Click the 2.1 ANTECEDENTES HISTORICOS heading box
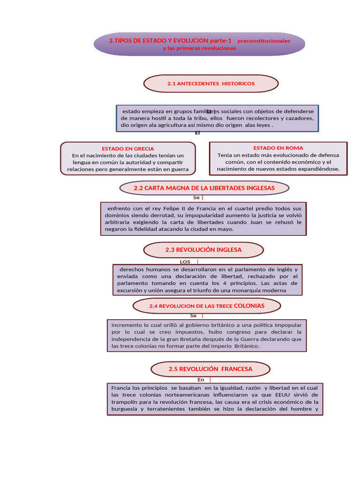[210, 83]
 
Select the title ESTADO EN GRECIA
[128, 149]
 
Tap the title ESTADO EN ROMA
[278, 148]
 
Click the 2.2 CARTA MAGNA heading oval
[204, 188]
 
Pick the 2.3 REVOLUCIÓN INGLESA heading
[203, 250]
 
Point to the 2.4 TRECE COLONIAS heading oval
[207, 306]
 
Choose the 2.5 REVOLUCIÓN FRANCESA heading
[210, 369]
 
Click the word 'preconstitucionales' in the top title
[263, 41]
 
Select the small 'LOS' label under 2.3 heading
[185, 262]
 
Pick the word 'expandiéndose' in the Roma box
[316, 169]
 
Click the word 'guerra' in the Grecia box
[180, 169]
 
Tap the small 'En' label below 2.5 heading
[201, 380]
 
